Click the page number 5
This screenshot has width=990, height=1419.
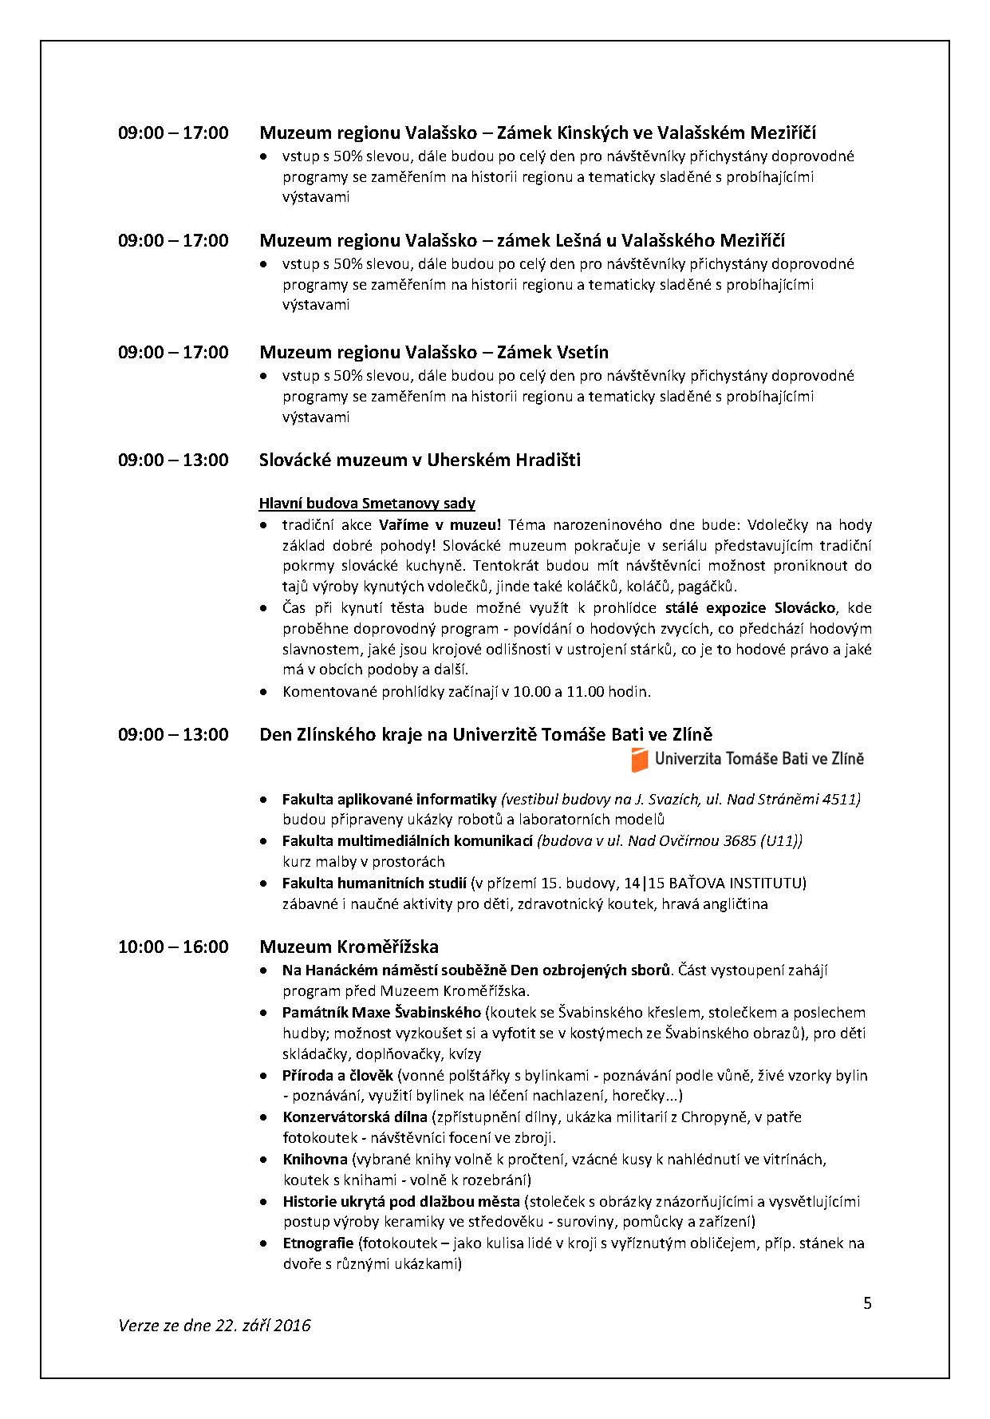[x=867, y=1303]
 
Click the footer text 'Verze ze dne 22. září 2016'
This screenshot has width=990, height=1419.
[x=214, y=1326]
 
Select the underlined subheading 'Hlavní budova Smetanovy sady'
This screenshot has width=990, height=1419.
[x=367, y=503]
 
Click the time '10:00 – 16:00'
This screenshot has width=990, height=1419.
[x=173, y=947]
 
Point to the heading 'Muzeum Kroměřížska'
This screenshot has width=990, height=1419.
[x=349, y=947]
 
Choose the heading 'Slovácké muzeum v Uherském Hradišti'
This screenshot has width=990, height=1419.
[x=420, y=460]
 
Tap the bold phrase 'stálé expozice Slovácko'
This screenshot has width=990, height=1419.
[x=750, y=607]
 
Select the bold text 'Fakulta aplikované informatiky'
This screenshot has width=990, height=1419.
[x=389, y=799]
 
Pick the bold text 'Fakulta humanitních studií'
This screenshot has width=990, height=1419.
[x=374, y=883]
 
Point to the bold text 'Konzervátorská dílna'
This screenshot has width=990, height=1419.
[x=355, y=1117]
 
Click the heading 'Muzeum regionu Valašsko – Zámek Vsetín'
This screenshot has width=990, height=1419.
[x=434, y=352]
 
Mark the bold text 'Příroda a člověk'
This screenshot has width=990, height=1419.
[x=338, y=1075]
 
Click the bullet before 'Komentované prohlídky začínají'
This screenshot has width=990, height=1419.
[x=264, y=692]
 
